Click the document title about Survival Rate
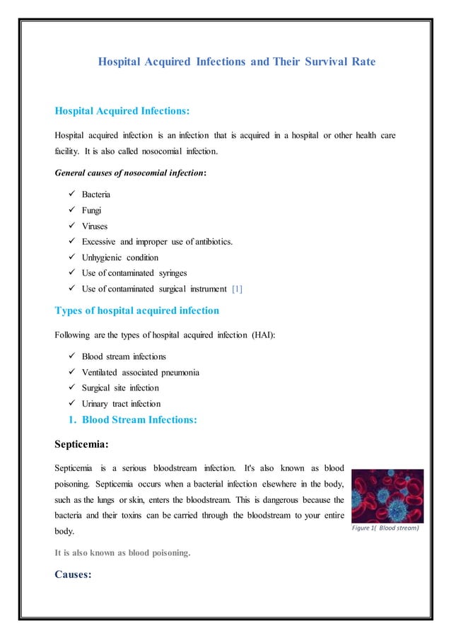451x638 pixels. pos(237,62)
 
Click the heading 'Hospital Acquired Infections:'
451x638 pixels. pos(122,111)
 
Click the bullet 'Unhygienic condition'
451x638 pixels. pos(120,257)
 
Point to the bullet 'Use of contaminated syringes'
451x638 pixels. pos(136,273)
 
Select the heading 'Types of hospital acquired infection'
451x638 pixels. pos(136,311)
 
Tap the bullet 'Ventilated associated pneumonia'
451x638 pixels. pos(140,372)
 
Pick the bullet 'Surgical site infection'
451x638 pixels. pos(120,388)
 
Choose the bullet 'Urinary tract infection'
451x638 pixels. pos(121,404)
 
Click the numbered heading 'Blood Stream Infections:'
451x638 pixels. pos(139,420)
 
